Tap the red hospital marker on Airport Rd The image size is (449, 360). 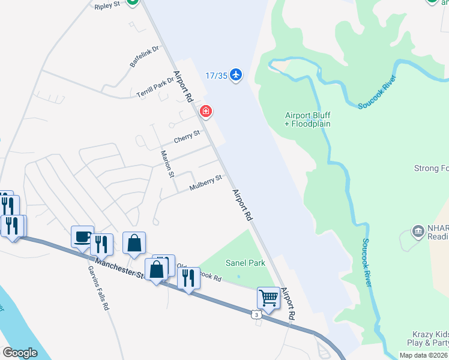[206, 112]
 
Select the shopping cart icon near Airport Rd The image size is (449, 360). [268, 297]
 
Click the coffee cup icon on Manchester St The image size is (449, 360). [82, 236]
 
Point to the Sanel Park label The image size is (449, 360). [245, 263]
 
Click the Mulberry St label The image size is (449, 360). [205, 183]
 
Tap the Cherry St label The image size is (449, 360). [187, 139]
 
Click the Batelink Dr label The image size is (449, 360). [143, 56]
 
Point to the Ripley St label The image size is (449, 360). [107, 5]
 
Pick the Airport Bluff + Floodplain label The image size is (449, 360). [307, 119]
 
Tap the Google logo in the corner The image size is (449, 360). [20, 352]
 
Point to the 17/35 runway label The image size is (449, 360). [216, 76]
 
